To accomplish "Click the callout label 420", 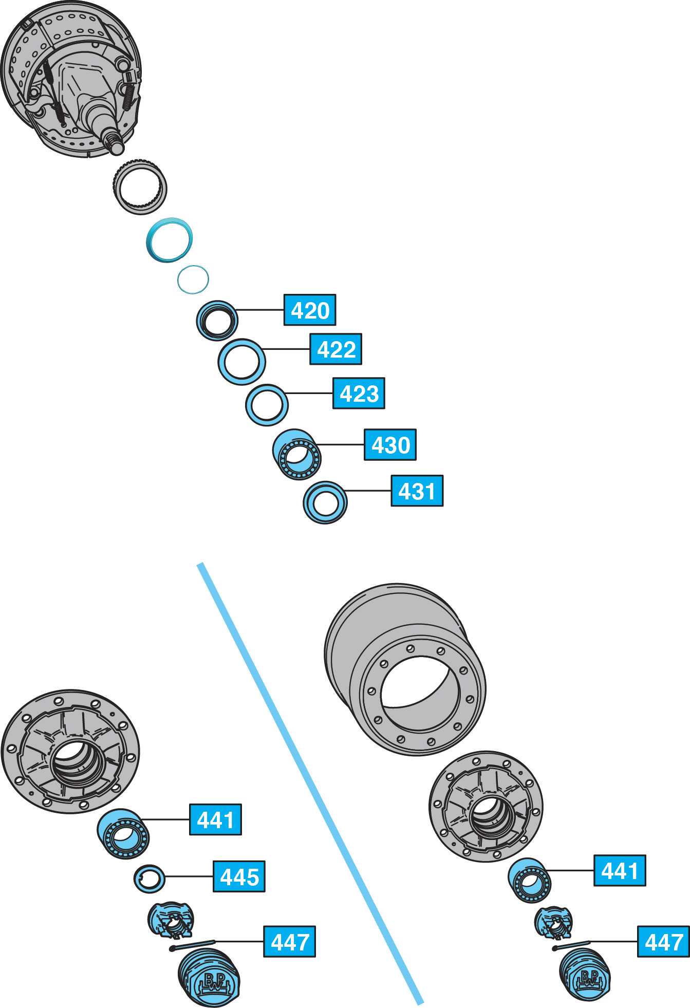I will [x=310, y=310].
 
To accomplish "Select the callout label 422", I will [x=335, y=349].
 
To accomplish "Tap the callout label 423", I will [x=359, y=394].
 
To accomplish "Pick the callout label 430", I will [x=390, y=445].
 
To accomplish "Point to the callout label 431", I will [x=417, y=491].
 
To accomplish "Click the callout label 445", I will [x=239, y=876].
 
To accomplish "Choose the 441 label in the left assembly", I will [x=215, y=819].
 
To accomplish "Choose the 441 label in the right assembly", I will [x=620, y=870].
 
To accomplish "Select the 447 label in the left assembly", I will [x=289, y=942].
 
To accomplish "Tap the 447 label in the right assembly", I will [x=663, y=942].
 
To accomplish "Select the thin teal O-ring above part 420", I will [x=193, y=279].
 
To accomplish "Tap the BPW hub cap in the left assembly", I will [x=210, y=979].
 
